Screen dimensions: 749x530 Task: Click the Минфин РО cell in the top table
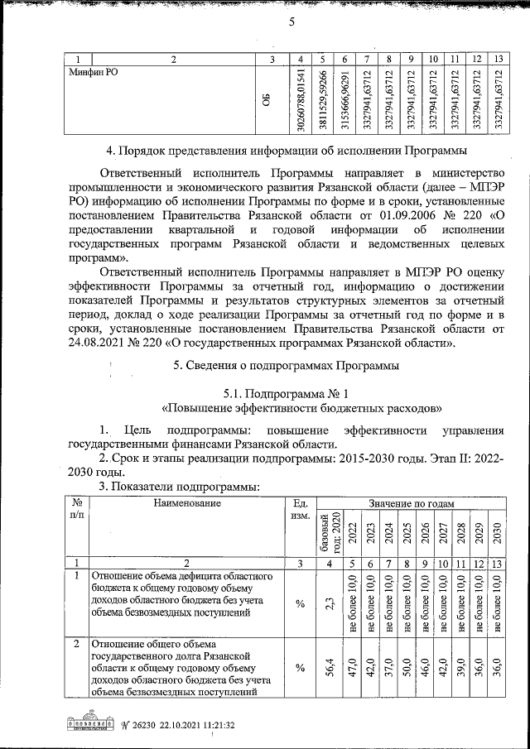coord(92,73)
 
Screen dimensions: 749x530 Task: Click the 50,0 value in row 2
coord(407,666)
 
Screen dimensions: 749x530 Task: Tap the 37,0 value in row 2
coord(388,666)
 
